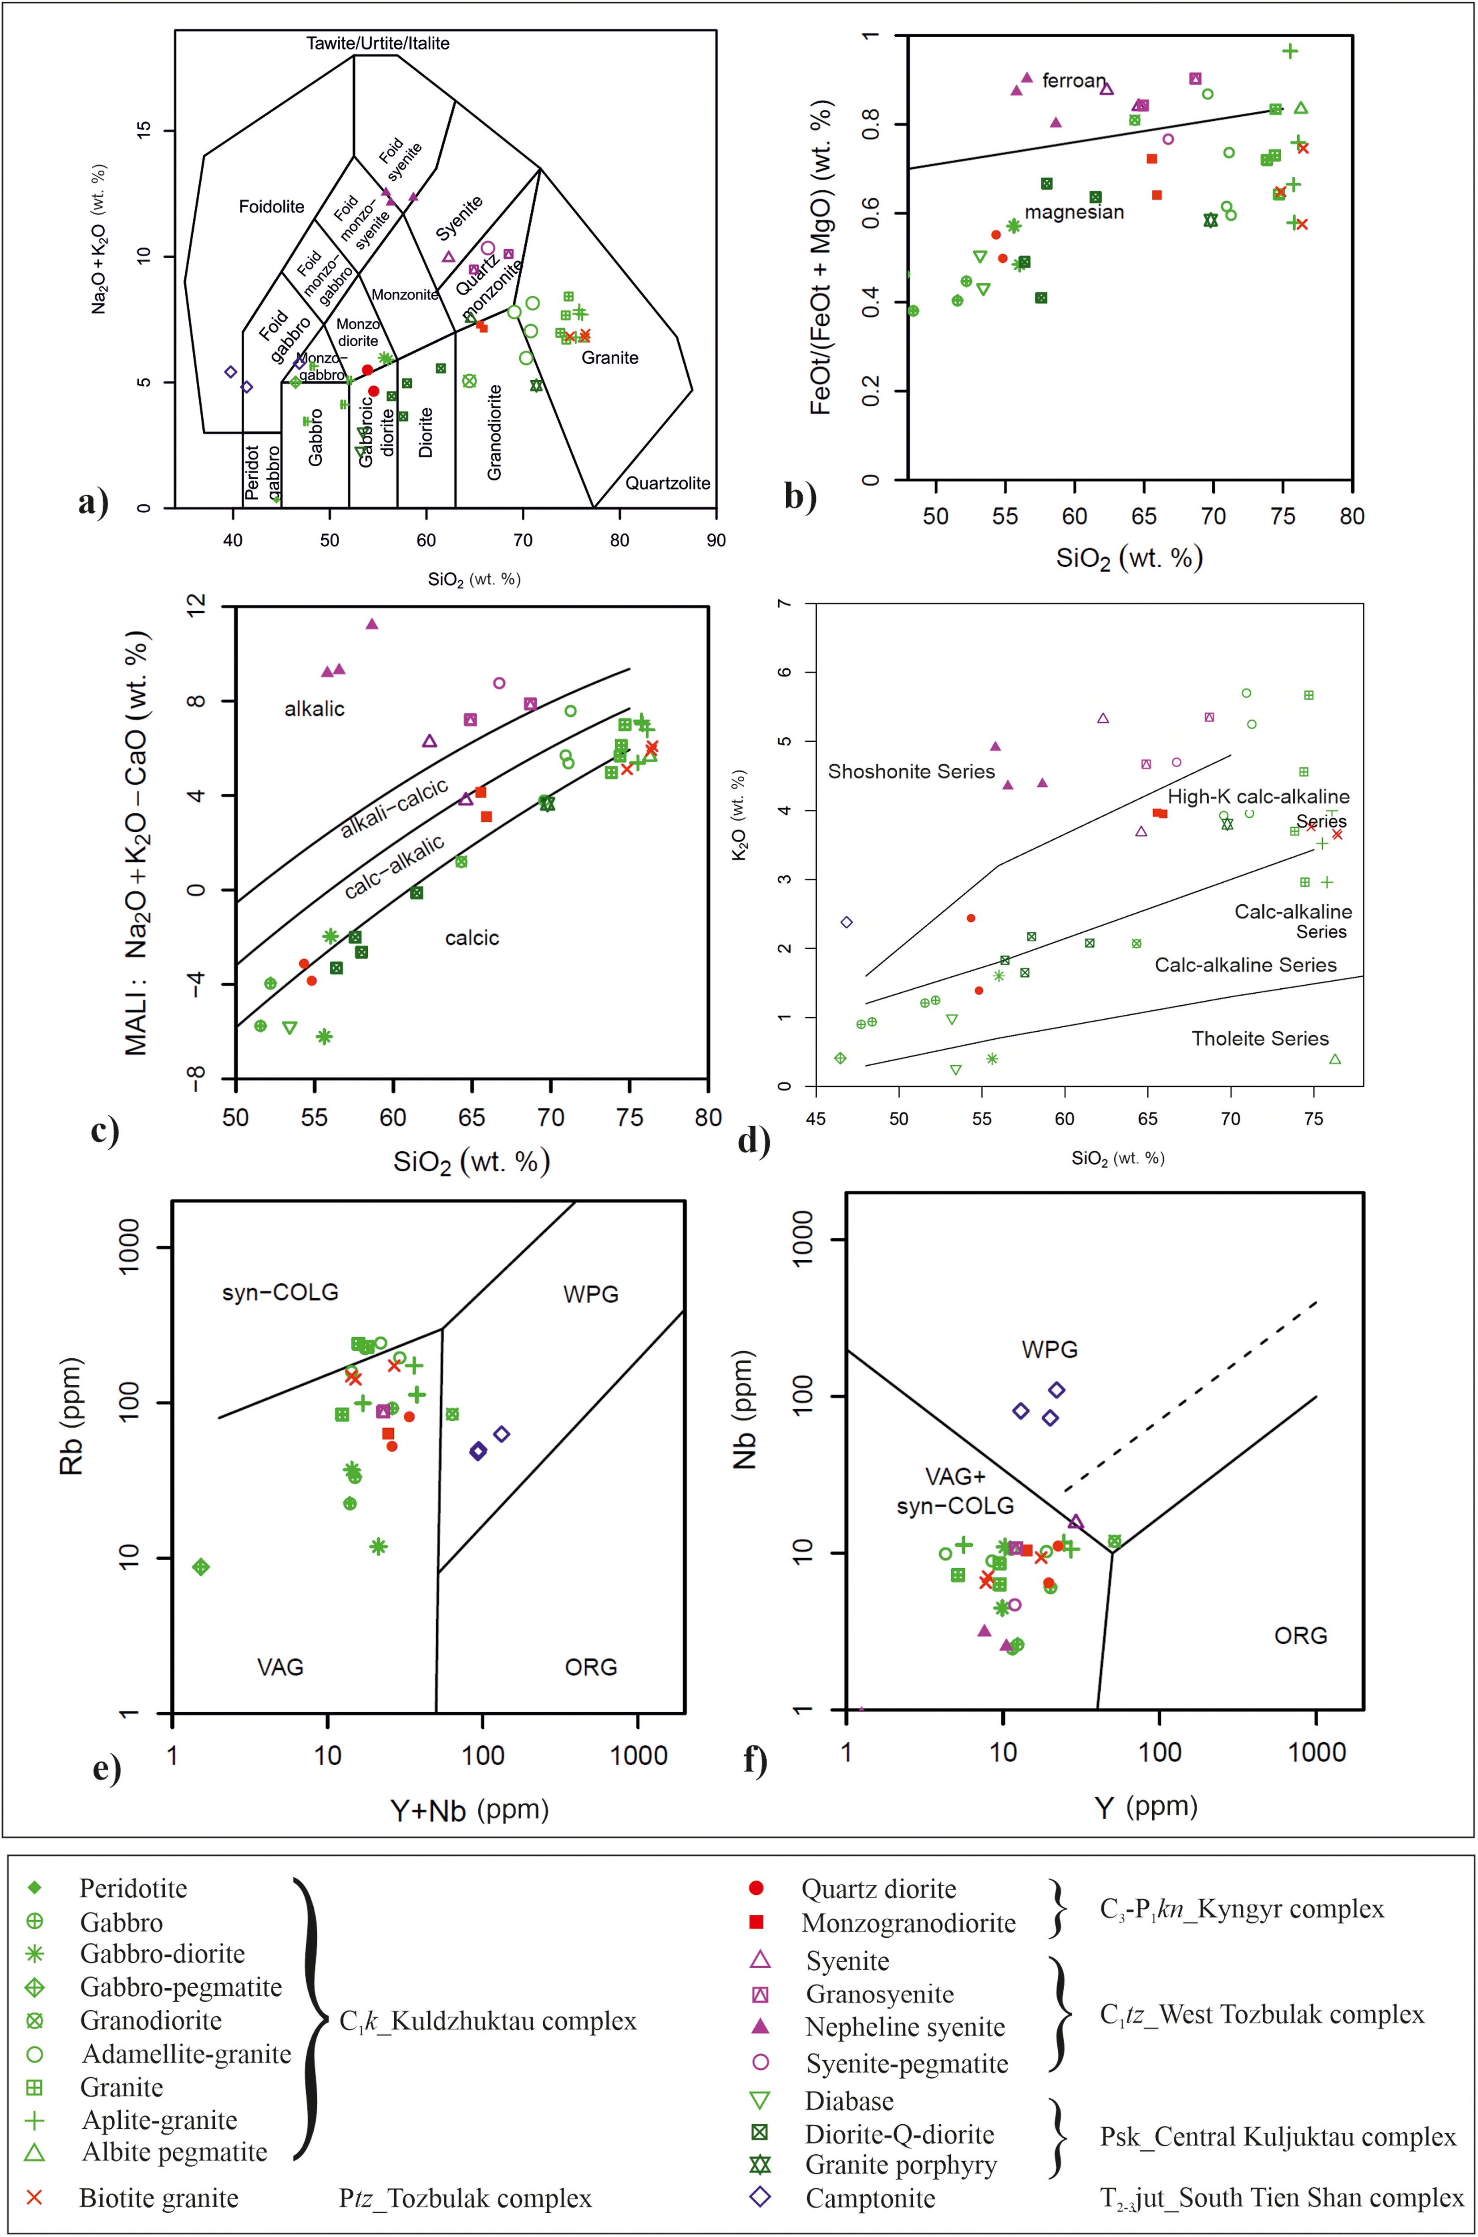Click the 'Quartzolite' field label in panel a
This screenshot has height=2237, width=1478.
pos(667,483)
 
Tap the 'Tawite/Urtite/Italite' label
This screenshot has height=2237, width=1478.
pos(378,43)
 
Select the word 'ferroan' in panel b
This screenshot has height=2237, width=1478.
pos(1073,81)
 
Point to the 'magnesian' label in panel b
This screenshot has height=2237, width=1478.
pos(1074,212)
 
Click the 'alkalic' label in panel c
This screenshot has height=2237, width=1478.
pos(315,709)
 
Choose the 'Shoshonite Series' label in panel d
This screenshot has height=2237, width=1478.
pos(911,772)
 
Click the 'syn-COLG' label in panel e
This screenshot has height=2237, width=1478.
pos(280,1292)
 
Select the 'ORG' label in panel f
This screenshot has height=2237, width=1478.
pos(1301,1636)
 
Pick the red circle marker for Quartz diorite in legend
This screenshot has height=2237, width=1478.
pos(755,1888)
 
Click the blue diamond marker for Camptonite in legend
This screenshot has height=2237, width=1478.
pos(760,2196)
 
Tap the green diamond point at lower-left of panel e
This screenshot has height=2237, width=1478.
pos(201,1567)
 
